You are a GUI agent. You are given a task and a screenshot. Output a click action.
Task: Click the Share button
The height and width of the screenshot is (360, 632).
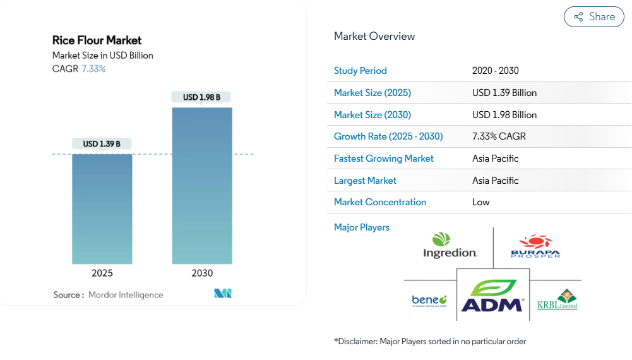[x=593, y=17]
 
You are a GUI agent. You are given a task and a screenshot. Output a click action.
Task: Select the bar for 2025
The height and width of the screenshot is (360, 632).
[x=102, y=208]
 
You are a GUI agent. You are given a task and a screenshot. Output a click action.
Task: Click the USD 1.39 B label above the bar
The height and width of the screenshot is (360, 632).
[x=102, y=144]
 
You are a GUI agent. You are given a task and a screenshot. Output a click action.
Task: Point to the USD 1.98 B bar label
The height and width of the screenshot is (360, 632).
[x=201, y=97]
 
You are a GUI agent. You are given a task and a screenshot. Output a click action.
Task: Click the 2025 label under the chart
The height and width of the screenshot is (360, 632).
[x=102, y=273]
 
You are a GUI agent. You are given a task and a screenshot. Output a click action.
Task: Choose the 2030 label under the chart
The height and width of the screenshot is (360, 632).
[x=202, y=273]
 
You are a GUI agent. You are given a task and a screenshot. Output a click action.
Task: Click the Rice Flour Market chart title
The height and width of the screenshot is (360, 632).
[x=97, y=40]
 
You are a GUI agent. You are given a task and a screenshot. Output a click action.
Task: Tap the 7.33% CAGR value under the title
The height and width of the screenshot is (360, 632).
[x=93, y=69]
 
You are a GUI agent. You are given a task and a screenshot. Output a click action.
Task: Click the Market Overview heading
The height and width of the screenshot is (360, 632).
[x=374, y=36]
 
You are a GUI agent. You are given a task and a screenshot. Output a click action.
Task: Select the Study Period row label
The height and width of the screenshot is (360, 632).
[x=361, y=71]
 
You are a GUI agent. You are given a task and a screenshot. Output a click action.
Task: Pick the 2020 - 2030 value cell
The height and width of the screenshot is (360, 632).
[x=496, y=71]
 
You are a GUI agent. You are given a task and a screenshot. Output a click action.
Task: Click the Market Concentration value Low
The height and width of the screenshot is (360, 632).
[x=481, y=202]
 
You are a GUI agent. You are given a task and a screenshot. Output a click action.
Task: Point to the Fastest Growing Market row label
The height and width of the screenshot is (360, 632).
[x=384, y=159]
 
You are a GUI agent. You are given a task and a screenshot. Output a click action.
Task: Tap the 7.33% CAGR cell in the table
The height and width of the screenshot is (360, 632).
[x=499, y=136]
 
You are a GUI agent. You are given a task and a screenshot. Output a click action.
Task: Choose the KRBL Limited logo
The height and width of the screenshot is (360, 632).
[x=557, y=300]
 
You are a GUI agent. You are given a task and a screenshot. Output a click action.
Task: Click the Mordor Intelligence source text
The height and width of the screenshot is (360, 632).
[x=126, y=295]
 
